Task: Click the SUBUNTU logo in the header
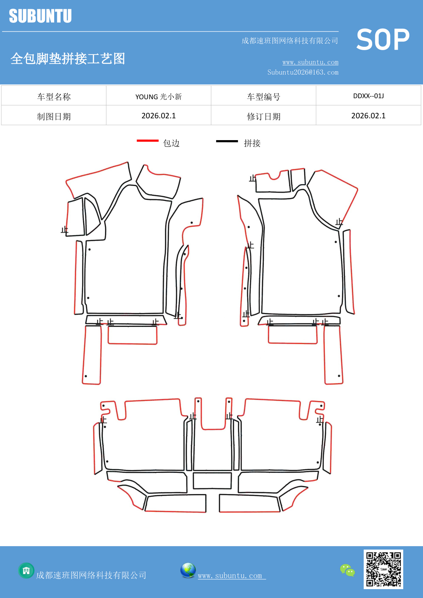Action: coord(40,16)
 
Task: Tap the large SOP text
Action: coord(383,40)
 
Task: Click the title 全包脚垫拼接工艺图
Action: coord(68,59)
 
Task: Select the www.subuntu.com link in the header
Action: coord(310,62)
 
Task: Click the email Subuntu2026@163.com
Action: coord(303,72)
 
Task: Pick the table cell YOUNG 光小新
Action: coord(158,95)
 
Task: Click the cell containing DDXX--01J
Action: coord(368,95)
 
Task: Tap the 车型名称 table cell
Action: coord(54,95)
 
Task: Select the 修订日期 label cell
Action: coord(263,115)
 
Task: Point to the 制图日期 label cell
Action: coord(54,115)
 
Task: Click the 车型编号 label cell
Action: coord(263,95)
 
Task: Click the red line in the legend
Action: coord(148,140)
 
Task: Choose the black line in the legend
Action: coord(227,141)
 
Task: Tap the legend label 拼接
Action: coord(252,143)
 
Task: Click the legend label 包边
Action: coord(171,143)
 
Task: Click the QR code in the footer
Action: coord(383,569)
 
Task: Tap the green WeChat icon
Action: coord(347,570)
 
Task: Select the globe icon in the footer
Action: coord(188,570)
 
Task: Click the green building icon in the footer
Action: coord(26,570)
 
